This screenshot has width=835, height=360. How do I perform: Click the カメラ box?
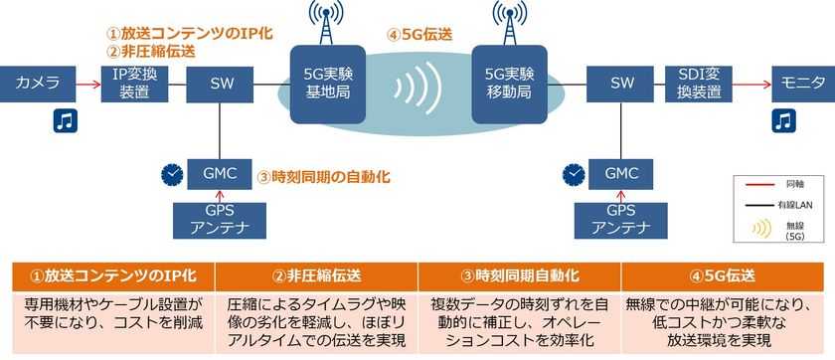pyautogui.click(x=37, y=83)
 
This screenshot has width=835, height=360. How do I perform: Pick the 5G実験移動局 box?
pyautogui.click(x=509, y=83)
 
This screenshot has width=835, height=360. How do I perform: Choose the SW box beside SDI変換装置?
pyautogui.click(x=622, y=83)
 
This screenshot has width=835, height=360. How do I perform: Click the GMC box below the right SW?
pyautogui.click(x=622, y=173)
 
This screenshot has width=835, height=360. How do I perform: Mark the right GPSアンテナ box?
pyautogui.click(x=622, y=221)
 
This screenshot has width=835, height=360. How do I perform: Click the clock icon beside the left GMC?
pyautogui.click(x=172, y=174)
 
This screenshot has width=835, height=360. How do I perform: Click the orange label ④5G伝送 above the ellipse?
pyautogui.click(x=420, y=32)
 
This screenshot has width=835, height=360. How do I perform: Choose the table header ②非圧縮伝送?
pyautogui.click(x=317, y=273)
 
